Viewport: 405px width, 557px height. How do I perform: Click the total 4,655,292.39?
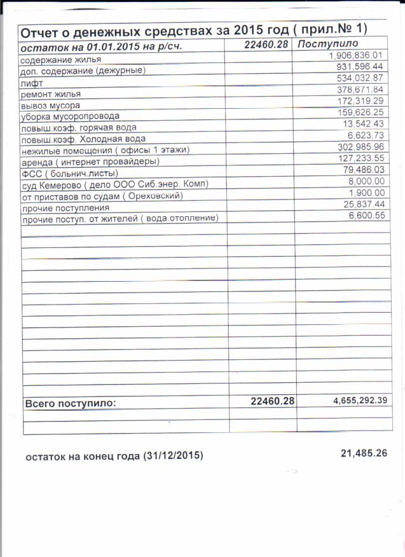pyautogui.click(x=360, y=400)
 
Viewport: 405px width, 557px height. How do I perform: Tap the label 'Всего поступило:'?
pyautogui.click(x=70, y=403)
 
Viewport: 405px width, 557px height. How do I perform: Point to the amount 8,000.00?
pyautogui.click(x=367, y=181)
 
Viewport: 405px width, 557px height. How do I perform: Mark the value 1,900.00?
pyautogui.click(x=367, y=193)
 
